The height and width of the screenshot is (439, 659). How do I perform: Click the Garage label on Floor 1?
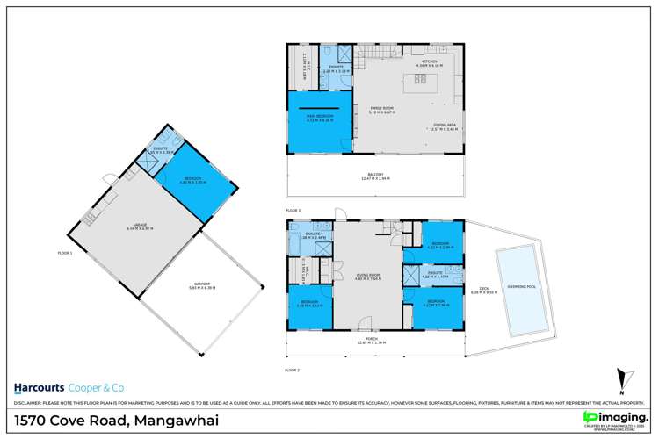[x=141, y=227]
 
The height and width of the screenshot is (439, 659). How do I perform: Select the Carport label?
[x=202, y=284]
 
